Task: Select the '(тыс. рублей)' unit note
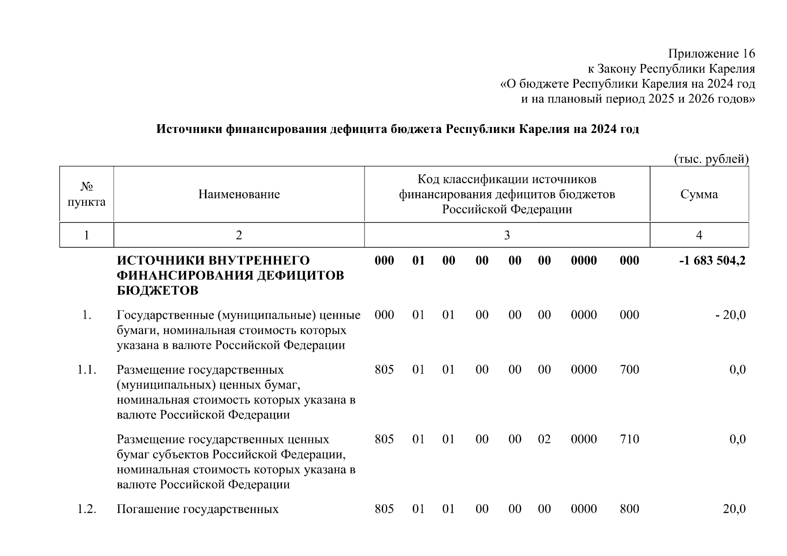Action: tap(711, 159)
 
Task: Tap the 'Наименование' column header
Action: tap(239, 194)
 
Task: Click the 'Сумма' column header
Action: tap(699, 194)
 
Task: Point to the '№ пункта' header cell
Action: tap(86, 194)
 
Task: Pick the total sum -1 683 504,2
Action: tap(712, 260)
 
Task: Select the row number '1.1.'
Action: tap(87, 370)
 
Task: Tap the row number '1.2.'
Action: tap(87, 509)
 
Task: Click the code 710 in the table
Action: tap(629, 439)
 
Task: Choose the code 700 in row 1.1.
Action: tap(629, 370)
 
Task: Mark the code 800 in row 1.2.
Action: tap(629, 509)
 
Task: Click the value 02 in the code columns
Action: tap(544, 439)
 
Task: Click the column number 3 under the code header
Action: tap(507, 235)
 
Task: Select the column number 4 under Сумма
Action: tap(699, 235)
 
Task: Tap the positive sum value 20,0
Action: tap(734, 509)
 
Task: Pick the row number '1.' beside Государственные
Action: tap(87, 315)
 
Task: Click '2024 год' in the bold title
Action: tap(614, 129)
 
